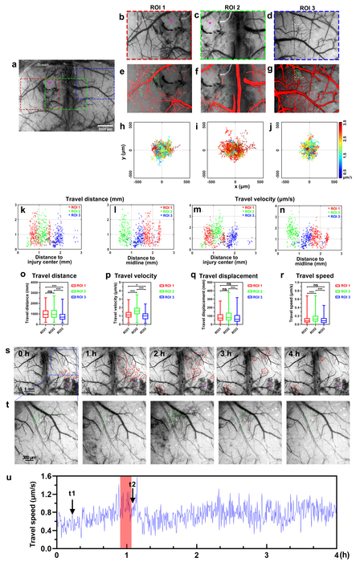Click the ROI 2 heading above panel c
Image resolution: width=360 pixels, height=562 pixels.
pos(232,6)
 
